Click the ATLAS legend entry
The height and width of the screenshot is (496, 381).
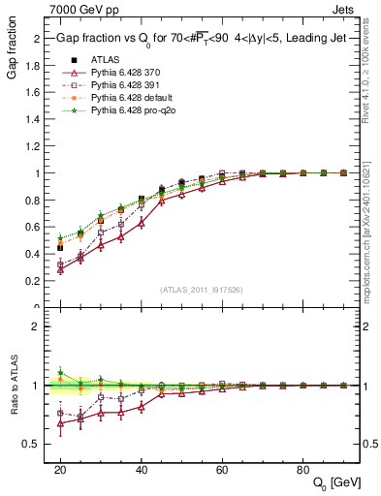pos(107,61)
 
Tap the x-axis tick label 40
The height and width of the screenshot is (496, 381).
pos(142,469)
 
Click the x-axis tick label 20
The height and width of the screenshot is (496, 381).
pos(60,469)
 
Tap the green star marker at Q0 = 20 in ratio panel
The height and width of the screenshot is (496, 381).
pos(60,372)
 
